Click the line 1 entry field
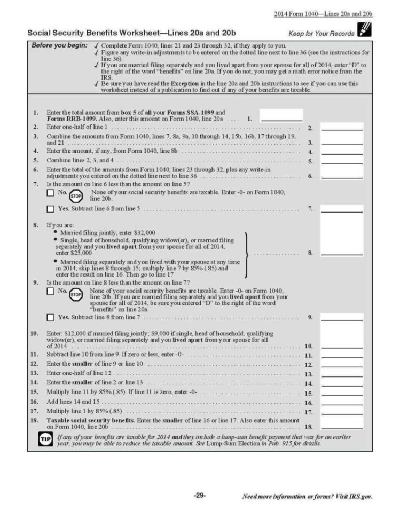coord(281,116)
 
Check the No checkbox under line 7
coord(50,192)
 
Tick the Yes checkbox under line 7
coord(50,208)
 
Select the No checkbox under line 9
coord(50,291)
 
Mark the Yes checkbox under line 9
coord(50,318)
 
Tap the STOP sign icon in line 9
coord(76,294)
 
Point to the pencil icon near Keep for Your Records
coord(366,32)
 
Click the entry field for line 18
coord(342,426)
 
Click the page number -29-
coord(200,496)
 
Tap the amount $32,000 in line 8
coord(142,233)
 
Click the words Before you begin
coord(59,45)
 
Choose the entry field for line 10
coord(342,346)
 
